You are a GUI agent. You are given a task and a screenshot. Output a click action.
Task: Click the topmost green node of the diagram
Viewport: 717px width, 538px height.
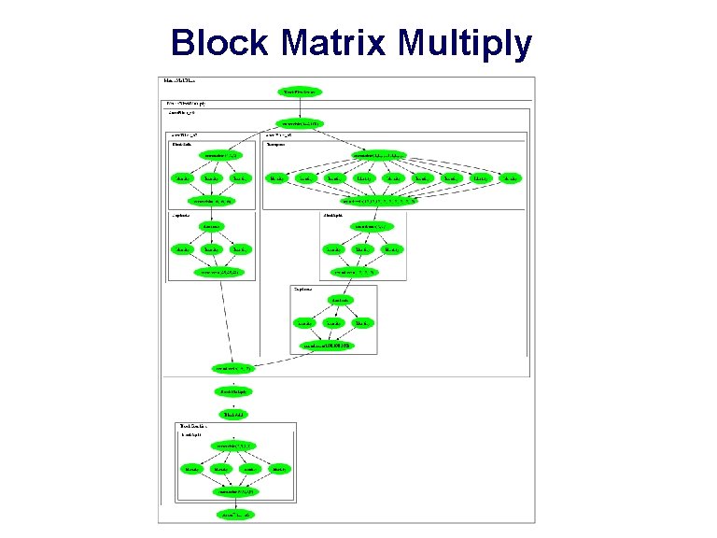pos(301,92)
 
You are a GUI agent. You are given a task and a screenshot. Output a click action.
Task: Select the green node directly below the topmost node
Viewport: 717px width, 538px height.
pos(301,123)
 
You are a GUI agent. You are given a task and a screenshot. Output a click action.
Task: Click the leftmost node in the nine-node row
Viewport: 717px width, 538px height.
pos(277,177)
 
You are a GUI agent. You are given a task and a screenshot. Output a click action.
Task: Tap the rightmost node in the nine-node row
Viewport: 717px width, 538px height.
pos(510,177)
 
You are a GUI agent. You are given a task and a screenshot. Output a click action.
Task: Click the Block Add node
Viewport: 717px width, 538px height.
pos(233,414)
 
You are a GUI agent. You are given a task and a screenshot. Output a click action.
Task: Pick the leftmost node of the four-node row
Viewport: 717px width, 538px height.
pos(192,468)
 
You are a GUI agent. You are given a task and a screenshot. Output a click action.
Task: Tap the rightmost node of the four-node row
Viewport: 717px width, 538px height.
pos(278,468)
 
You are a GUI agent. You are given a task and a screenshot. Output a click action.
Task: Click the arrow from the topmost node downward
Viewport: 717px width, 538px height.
pos(301,107)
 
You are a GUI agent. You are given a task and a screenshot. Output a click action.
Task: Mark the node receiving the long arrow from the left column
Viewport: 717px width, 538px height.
pos(233,368)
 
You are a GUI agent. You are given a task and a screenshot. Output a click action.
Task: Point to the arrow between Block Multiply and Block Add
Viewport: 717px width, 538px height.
pos(233,403)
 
